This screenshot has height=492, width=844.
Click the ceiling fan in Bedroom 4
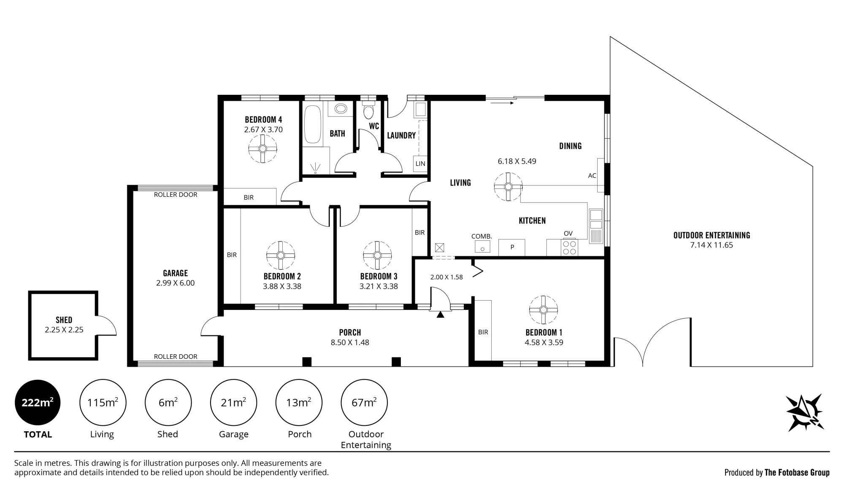[262, 148]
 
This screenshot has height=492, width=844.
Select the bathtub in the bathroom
[313, 124]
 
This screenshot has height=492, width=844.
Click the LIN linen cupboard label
[420, 164]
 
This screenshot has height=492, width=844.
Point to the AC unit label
[592, 175]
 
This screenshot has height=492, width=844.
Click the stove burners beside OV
[569, 247]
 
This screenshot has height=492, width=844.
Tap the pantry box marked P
[512, 247]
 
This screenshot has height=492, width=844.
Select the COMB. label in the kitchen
[482, 237]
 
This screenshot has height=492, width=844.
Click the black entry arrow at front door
[440, 315]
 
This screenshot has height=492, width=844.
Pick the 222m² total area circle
[38, 403]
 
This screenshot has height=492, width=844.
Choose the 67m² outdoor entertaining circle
[364, 403]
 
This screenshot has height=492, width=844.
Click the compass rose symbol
[804, 412]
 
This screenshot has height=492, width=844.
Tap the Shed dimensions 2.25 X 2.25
[64, 330]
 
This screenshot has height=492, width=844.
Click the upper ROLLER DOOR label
[176, 195]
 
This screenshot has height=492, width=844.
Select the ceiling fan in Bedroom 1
[544, 310]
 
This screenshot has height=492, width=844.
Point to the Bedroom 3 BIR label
[419, 232]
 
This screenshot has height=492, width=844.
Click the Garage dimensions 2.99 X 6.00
[176, 283]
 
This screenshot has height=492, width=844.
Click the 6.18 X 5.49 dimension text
[517, 161]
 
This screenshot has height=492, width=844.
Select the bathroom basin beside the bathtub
[341, 108]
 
